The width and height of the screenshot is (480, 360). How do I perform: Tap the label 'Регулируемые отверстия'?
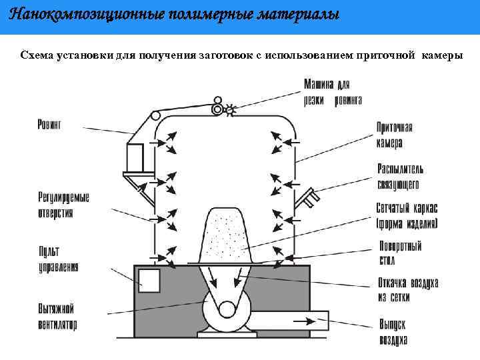click(x=64, y=205)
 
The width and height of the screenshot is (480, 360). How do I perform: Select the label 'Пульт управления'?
click(x=58, y=259)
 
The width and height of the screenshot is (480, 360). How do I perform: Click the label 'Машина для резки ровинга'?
click(x=333, y=93)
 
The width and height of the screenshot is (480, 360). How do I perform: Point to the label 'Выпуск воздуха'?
click(x=394, y=331)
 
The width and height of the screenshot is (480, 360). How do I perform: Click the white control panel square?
click(x=149, y=280)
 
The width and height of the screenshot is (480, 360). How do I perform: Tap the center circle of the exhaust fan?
click(x=227, y=309)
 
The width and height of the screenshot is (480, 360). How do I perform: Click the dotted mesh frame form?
click(x=226, y=233)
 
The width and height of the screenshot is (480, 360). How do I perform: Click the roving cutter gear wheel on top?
click(x=231, y=109)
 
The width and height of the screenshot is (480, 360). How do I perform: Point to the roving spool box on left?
click(x=136, y=157)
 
